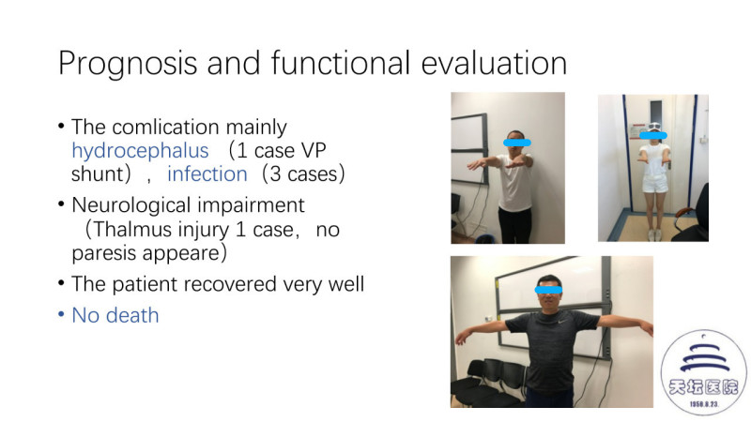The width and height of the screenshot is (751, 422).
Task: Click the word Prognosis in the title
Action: tap(128, 64)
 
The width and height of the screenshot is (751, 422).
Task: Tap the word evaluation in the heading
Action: tap(495, 63)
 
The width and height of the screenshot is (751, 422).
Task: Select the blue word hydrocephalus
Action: tap(140, 151)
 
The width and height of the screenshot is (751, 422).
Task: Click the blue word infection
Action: tap(207, 173)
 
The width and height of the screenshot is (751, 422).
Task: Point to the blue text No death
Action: tap(115, 315)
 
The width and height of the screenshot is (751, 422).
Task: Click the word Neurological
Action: tap(131, 205)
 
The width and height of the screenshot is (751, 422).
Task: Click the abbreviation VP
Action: tap(314, 151)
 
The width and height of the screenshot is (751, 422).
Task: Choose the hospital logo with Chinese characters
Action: tap(703, 370)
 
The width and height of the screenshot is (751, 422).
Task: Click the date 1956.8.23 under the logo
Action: tap(703, 404)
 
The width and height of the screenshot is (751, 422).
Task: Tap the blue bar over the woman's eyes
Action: tap(653, 135)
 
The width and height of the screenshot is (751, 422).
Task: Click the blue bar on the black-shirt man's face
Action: tap(548, 290)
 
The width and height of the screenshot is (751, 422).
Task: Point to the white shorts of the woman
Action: tap(654, 183)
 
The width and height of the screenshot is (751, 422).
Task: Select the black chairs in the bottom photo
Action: tap(488, 383)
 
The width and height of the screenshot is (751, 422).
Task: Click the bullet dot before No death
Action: tap(61, 315)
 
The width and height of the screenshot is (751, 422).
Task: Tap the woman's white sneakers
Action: tap(654, 235)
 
